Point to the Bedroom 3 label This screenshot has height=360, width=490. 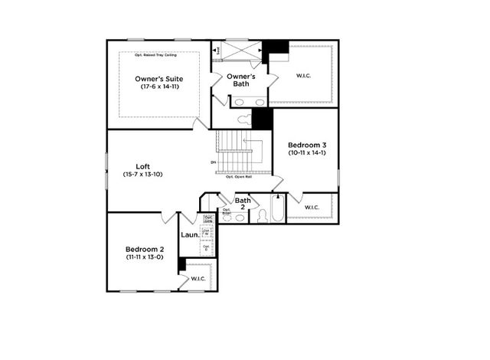(x=306, y=145)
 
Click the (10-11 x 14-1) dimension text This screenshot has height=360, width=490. (x=306, y=153)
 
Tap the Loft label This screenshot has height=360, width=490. (x=142, y=166)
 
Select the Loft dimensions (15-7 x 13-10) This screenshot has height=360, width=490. (x=143, y=175)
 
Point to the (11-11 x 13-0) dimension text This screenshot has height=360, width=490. (x=145, y=257)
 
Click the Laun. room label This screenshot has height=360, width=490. (x=190, y=234)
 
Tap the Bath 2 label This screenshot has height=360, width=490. (x=243, y=203)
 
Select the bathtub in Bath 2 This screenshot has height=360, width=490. (x=275, y=211)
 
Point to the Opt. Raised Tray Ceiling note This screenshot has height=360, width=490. (x=161, y=55)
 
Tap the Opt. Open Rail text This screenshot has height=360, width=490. (x=240, y=177)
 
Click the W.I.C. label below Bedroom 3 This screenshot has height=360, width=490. (x=312, y=208)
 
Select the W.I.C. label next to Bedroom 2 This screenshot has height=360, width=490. (x=198, y=278)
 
